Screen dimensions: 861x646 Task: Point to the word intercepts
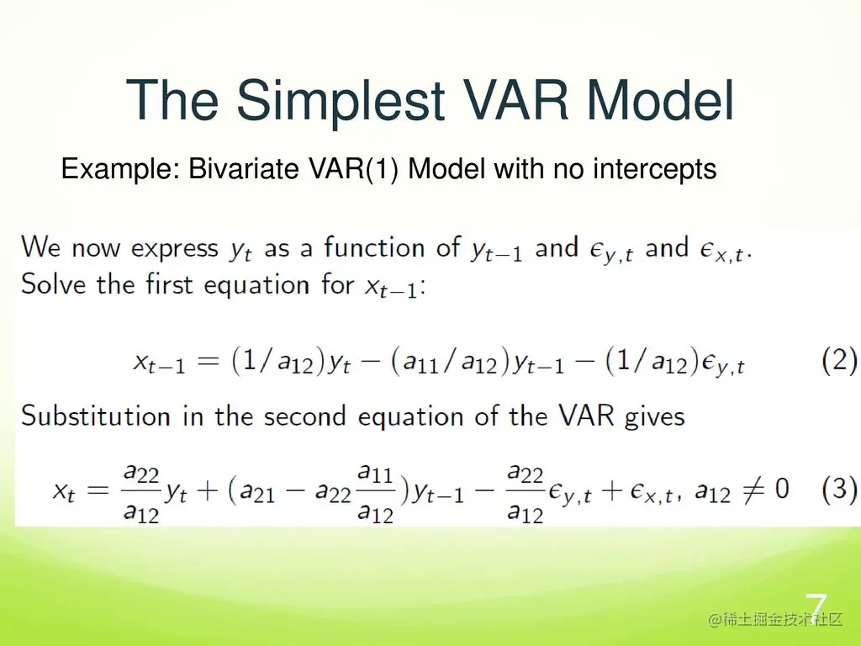(654, 169)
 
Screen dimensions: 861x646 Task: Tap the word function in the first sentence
(374, 247)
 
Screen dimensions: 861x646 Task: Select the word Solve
(53, 284)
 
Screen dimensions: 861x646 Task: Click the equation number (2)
(839, 361)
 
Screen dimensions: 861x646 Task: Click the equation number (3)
(839, 489)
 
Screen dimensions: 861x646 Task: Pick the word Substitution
(96, 416)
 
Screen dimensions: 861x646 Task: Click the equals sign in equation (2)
(209, 362)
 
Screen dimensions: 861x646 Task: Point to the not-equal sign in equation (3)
(753, 490)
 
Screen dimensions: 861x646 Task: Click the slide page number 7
(816, 607)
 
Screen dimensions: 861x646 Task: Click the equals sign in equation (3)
(98, 490)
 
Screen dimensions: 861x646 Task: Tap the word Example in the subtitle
(121, 169)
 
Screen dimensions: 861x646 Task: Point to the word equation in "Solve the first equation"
(256, 286)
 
